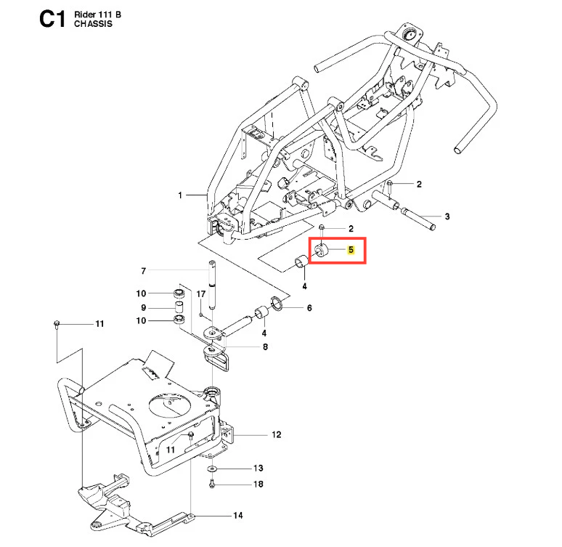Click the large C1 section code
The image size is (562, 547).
coord(52,19)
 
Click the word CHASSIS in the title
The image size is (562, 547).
coord(93,24)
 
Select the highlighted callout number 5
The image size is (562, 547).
coord(351,250)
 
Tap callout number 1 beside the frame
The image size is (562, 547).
coord(180,195)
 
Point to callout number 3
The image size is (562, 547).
coord(447,216)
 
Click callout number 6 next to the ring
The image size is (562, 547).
coord(309,308)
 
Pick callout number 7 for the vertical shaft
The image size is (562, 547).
coord(143,271)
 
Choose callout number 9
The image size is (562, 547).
coord(143,308)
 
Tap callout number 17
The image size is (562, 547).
coord(200,293)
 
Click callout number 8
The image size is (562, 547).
coord(265,347)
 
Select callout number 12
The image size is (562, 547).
coord(277,434)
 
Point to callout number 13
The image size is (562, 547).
coord(258,468)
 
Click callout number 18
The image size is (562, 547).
coord(258,485)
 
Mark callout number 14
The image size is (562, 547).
coord(238,516)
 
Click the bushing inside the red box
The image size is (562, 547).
coord(321,251)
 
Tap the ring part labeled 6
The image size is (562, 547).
coord(277,304)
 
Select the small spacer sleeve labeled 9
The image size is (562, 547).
coord(179,308)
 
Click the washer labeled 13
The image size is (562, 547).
coord(212,469)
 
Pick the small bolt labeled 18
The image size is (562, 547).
coord(212,484)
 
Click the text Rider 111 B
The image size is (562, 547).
coord(97,15)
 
